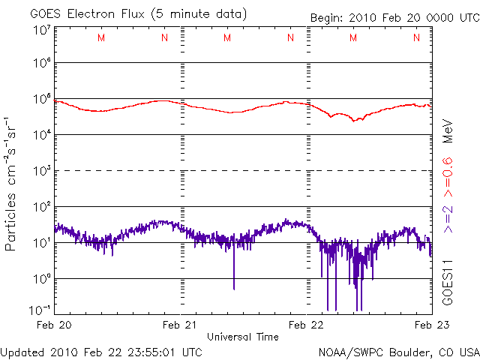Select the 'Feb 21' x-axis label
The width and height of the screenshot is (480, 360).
(181, 325)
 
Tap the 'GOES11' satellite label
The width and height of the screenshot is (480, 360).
(448, 281)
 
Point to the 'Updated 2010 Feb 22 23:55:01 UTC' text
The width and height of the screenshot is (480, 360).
(101, 351)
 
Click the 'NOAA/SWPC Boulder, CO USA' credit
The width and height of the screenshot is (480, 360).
(398, 351)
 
